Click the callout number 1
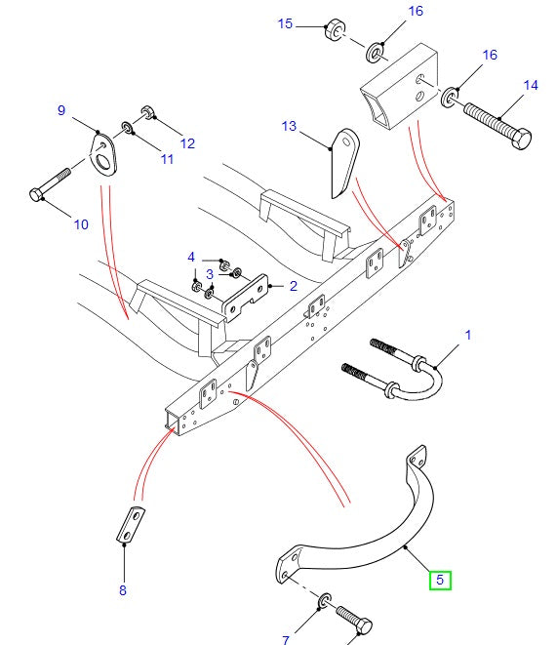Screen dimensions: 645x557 coord(467,336)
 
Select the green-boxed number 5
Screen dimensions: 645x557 coord(439,581)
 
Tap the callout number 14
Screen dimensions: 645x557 coord(531,86)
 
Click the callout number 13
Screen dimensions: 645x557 coord(288,127)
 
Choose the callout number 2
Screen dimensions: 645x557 coord(294,287)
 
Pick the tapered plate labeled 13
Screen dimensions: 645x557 coord(342,159)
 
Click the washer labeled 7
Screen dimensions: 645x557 coord(323,598)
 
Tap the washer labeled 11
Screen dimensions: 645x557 coord(129,128)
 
